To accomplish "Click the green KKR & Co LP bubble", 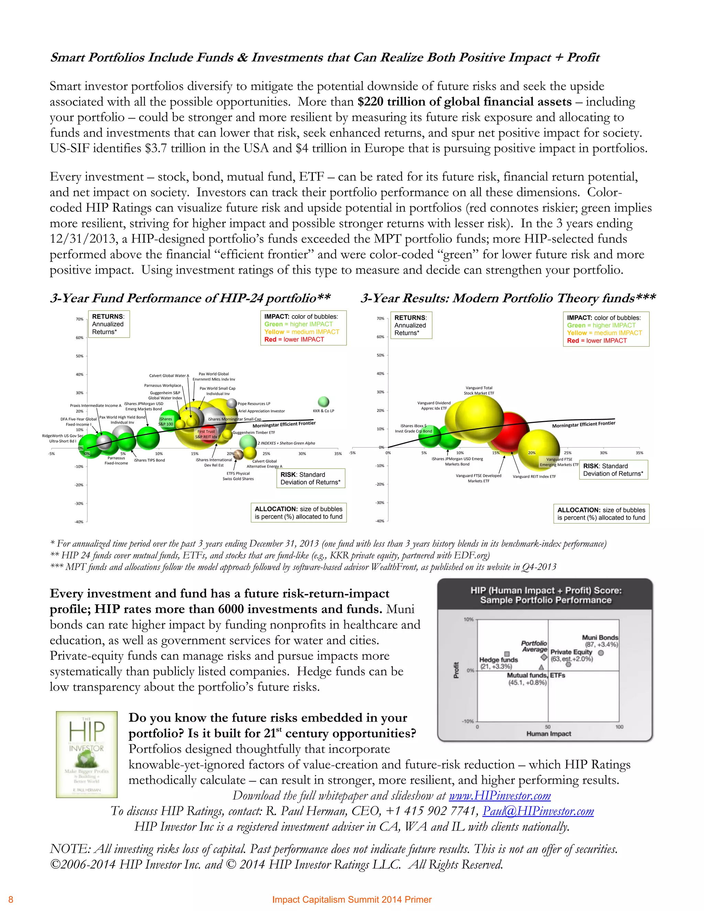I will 323,402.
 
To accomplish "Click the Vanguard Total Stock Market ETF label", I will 479,391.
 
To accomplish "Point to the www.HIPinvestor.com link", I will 499,795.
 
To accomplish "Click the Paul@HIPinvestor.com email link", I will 538,811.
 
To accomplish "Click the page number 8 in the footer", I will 11,899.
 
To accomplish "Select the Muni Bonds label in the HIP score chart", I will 600,637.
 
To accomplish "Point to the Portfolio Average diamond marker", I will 544,657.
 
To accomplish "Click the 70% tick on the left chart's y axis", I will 79,319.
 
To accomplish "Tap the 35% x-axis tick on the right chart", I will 639,453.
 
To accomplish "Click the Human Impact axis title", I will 548,734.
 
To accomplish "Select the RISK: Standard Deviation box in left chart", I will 310,478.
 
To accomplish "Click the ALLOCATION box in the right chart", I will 601,514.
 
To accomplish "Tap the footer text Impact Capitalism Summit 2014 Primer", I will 352,899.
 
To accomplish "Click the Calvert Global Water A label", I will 169,375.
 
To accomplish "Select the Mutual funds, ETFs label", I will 536,675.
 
